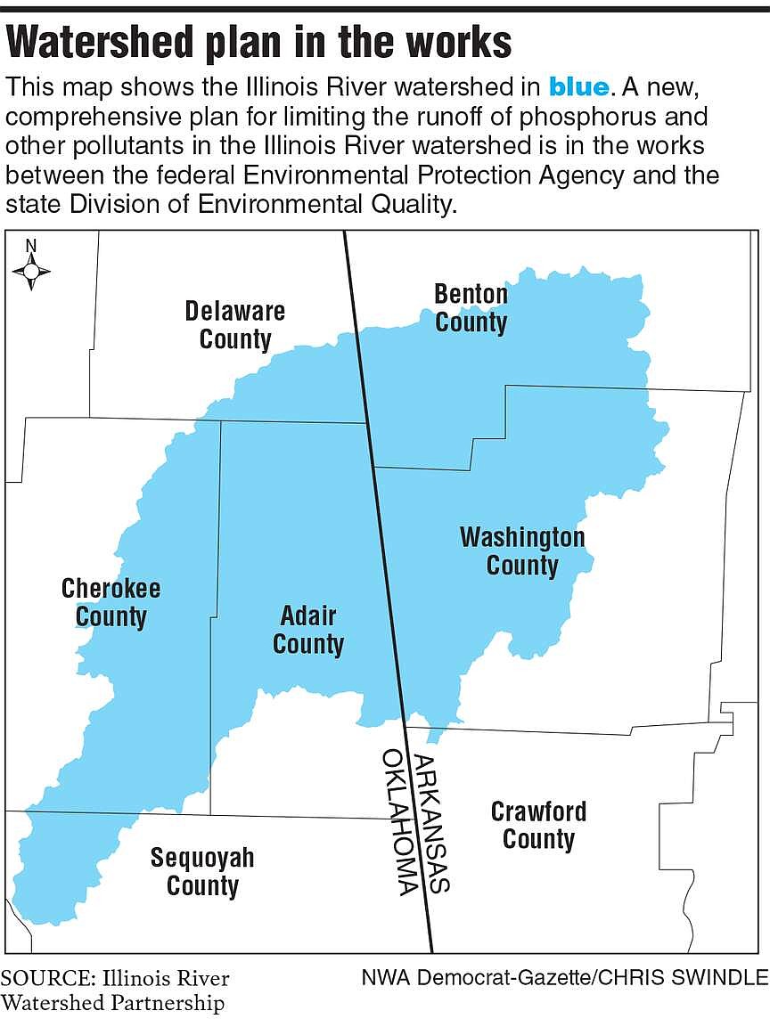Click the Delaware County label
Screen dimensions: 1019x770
pyautogui.click(x=235, y=325)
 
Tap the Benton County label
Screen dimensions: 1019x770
pyautogui.click(x=471, y=308)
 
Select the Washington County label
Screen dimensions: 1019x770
pyautogui.click(x=522, y=551)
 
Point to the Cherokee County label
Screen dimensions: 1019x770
pyautogui.click(x=111, y=602)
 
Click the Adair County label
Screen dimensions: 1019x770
pyautogui.click(x=308, y=630)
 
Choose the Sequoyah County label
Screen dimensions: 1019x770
pyautogui.click(x=202, y=872)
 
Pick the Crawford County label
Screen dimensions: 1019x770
pyautogui.click(x=538, y=825)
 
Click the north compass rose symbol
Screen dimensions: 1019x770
pyautogui.click(x=31, y=271)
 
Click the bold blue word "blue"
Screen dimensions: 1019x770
pyautogui.click(x=578, y=87)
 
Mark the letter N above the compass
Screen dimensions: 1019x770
pyautogui.click(x=31, y=246)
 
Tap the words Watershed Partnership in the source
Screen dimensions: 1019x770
pyautogui.click(x=112, y=1003)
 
